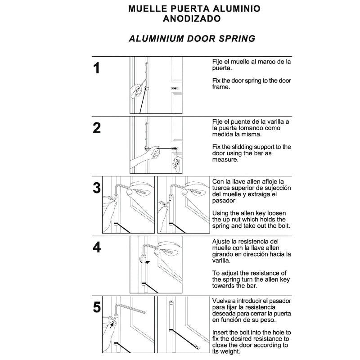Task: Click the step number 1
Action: coord(96,68)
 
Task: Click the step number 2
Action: coord(96,128)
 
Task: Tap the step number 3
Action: coord(96,188)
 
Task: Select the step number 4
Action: coord(96,247)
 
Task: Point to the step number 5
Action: coord(96,307)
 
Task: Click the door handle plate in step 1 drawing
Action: coord(175,89)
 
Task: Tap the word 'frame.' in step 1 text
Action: coord(221,87)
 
